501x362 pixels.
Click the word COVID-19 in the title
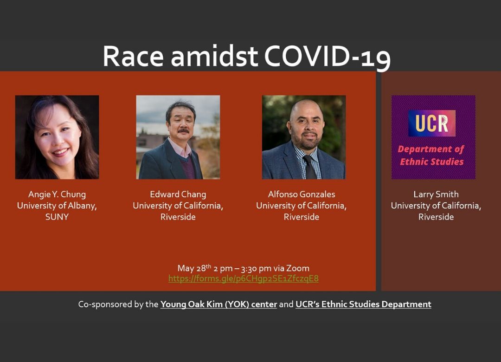point(327,57)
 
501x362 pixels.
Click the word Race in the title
point(133,57)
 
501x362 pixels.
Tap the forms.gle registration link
point(243,278)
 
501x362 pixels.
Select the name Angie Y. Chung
point(57,194)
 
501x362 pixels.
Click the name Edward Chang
point(178,194)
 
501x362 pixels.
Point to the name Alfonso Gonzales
point(301,194)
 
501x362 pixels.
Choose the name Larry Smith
point(436,194)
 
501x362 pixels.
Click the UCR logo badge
point(432,123)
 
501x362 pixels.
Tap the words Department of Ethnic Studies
point(431,155)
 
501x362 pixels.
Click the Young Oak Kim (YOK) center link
point(218,304)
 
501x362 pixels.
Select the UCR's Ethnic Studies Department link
point(363,304)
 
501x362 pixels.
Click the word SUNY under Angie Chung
point(57,217)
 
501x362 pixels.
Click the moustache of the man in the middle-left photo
point(183,131)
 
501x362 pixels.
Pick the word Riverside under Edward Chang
point(178,217)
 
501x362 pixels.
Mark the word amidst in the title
point(214,57)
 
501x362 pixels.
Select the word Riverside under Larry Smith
point(436,217)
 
